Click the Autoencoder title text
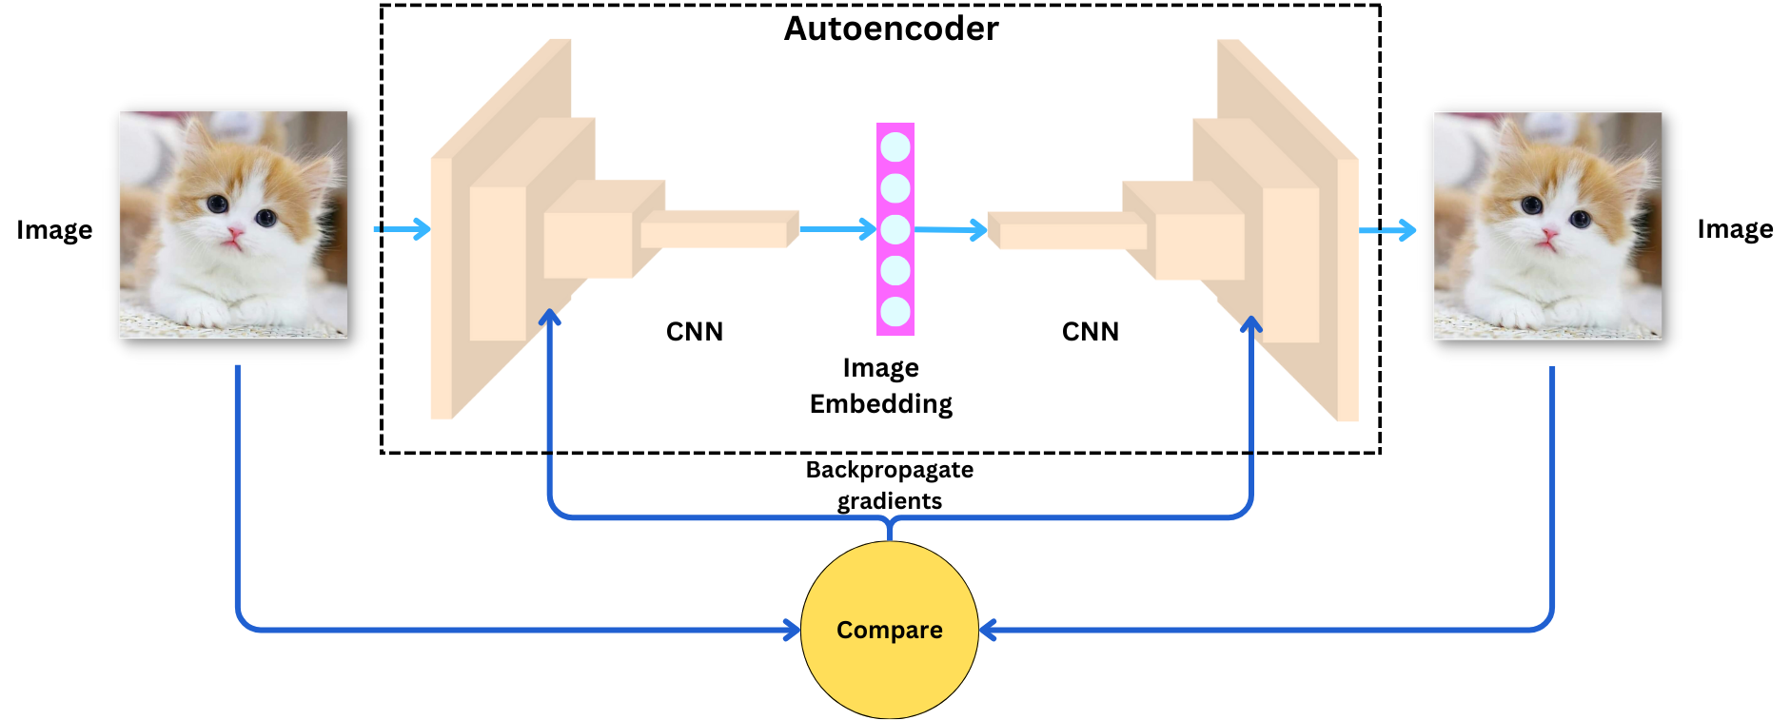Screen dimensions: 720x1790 point(891,29)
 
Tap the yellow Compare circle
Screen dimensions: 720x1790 point(890,630)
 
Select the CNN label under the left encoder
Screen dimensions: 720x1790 point(695,331)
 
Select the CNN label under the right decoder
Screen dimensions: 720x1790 point(1091,331)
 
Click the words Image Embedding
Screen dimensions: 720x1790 point(881,386)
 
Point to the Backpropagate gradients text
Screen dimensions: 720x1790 point(890,485)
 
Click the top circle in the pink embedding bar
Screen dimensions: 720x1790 point(895,146)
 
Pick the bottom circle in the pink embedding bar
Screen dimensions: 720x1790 point(895,312)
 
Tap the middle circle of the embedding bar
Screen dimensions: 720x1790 point(895,229)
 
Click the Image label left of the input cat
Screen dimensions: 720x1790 point(54,230)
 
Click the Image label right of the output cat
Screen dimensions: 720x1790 point(1735,229)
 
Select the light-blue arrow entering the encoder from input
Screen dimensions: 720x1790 point(403,228)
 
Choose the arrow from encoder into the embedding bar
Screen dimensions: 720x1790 point(837,228)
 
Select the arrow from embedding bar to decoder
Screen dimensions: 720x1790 point(952,229)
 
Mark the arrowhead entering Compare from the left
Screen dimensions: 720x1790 point(792,630)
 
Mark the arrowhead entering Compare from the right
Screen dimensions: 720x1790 point(988,630)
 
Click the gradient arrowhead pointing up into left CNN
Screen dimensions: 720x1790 point(549,318)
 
